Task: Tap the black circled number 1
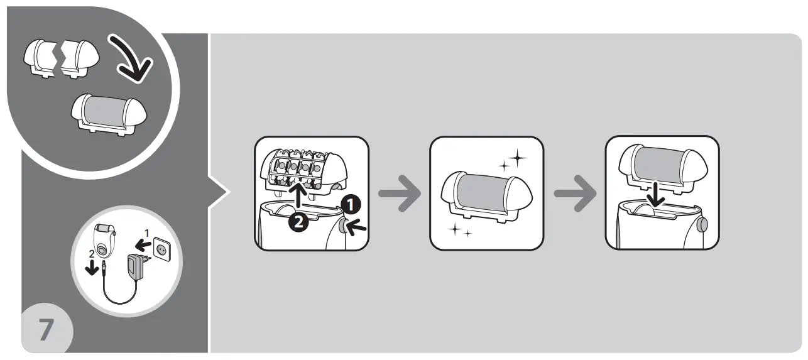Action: pos(352,203)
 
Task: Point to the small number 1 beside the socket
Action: pos(147,233)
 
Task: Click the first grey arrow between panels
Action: pos(400,194)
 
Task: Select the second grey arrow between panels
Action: pos(574,194)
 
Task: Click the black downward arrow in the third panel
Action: pos(657,194)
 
